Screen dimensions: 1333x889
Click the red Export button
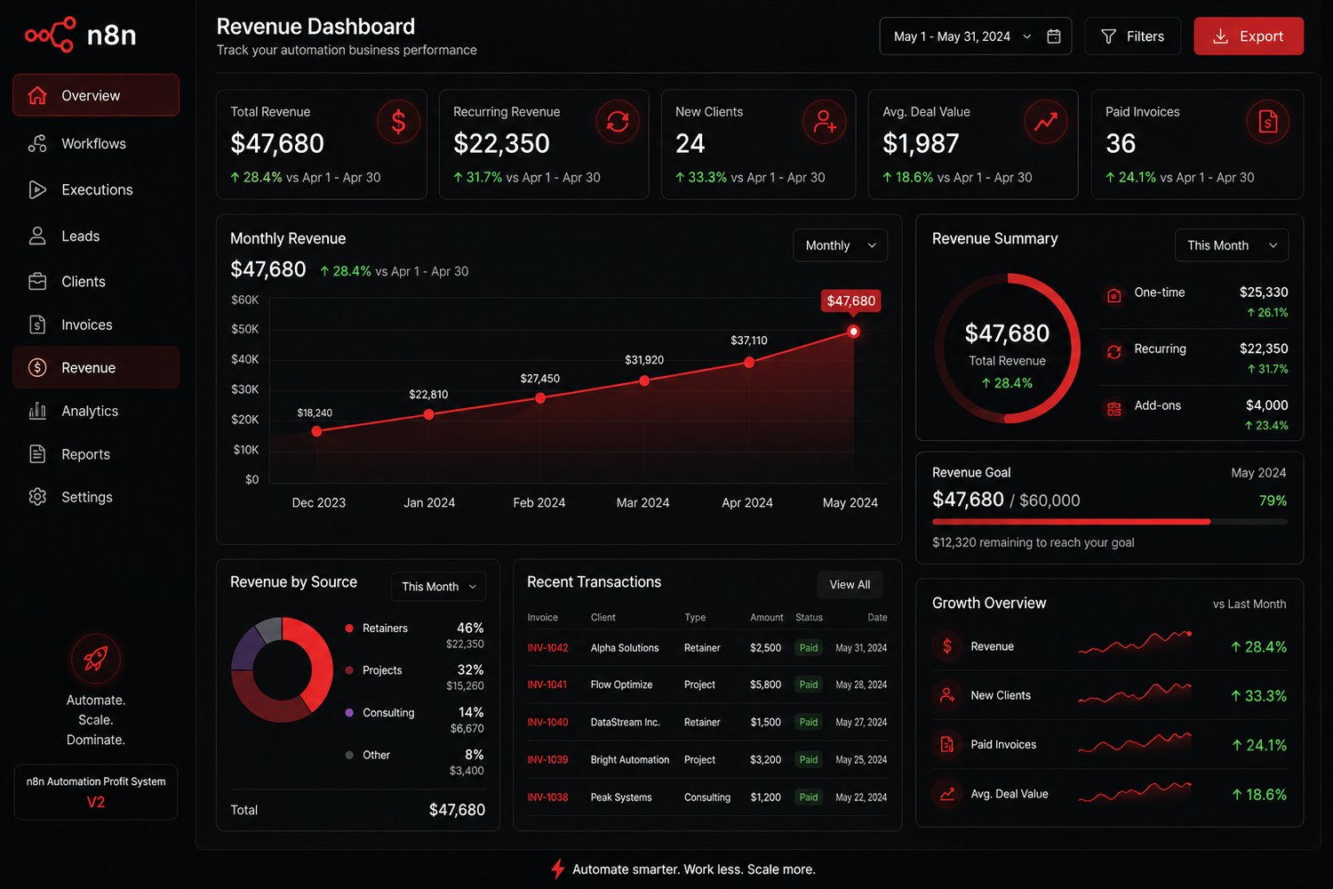click(x=1248, y=36)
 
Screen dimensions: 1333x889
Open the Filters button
click(x=1132, y=36)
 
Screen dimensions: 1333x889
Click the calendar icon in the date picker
click(x=1053, y=36)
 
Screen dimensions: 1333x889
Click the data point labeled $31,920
click(x=644, y=381)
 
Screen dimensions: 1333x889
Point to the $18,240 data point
click(x=316, y=431)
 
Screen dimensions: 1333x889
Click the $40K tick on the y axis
click(x=244, y=359)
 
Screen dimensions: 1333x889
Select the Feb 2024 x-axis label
click(x=539, y=502)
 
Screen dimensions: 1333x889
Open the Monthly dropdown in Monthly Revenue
click(x=840, y=245)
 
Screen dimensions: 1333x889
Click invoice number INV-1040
click(x=547, y=722)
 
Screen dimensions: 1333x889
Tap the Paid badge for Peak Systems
click(x=808, y=797)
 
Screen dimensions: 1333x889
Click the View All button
click(x=850, y=585)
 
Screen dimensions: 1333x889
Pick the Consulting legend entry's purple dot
click(x=349, y=713)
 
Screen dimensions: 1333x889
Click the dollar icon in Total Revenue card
click(x=398, y=122)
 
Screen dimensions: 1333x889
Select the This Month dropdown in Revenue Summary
click(x=1231, y=245)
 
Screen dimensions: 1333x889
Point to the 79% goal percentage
click(x=1273, y=501)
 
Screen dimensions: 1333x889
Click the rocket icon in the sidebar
click(x=95, y=659)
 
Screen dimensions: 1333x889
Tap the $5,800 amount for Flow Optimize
click(x=765, y=685)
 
